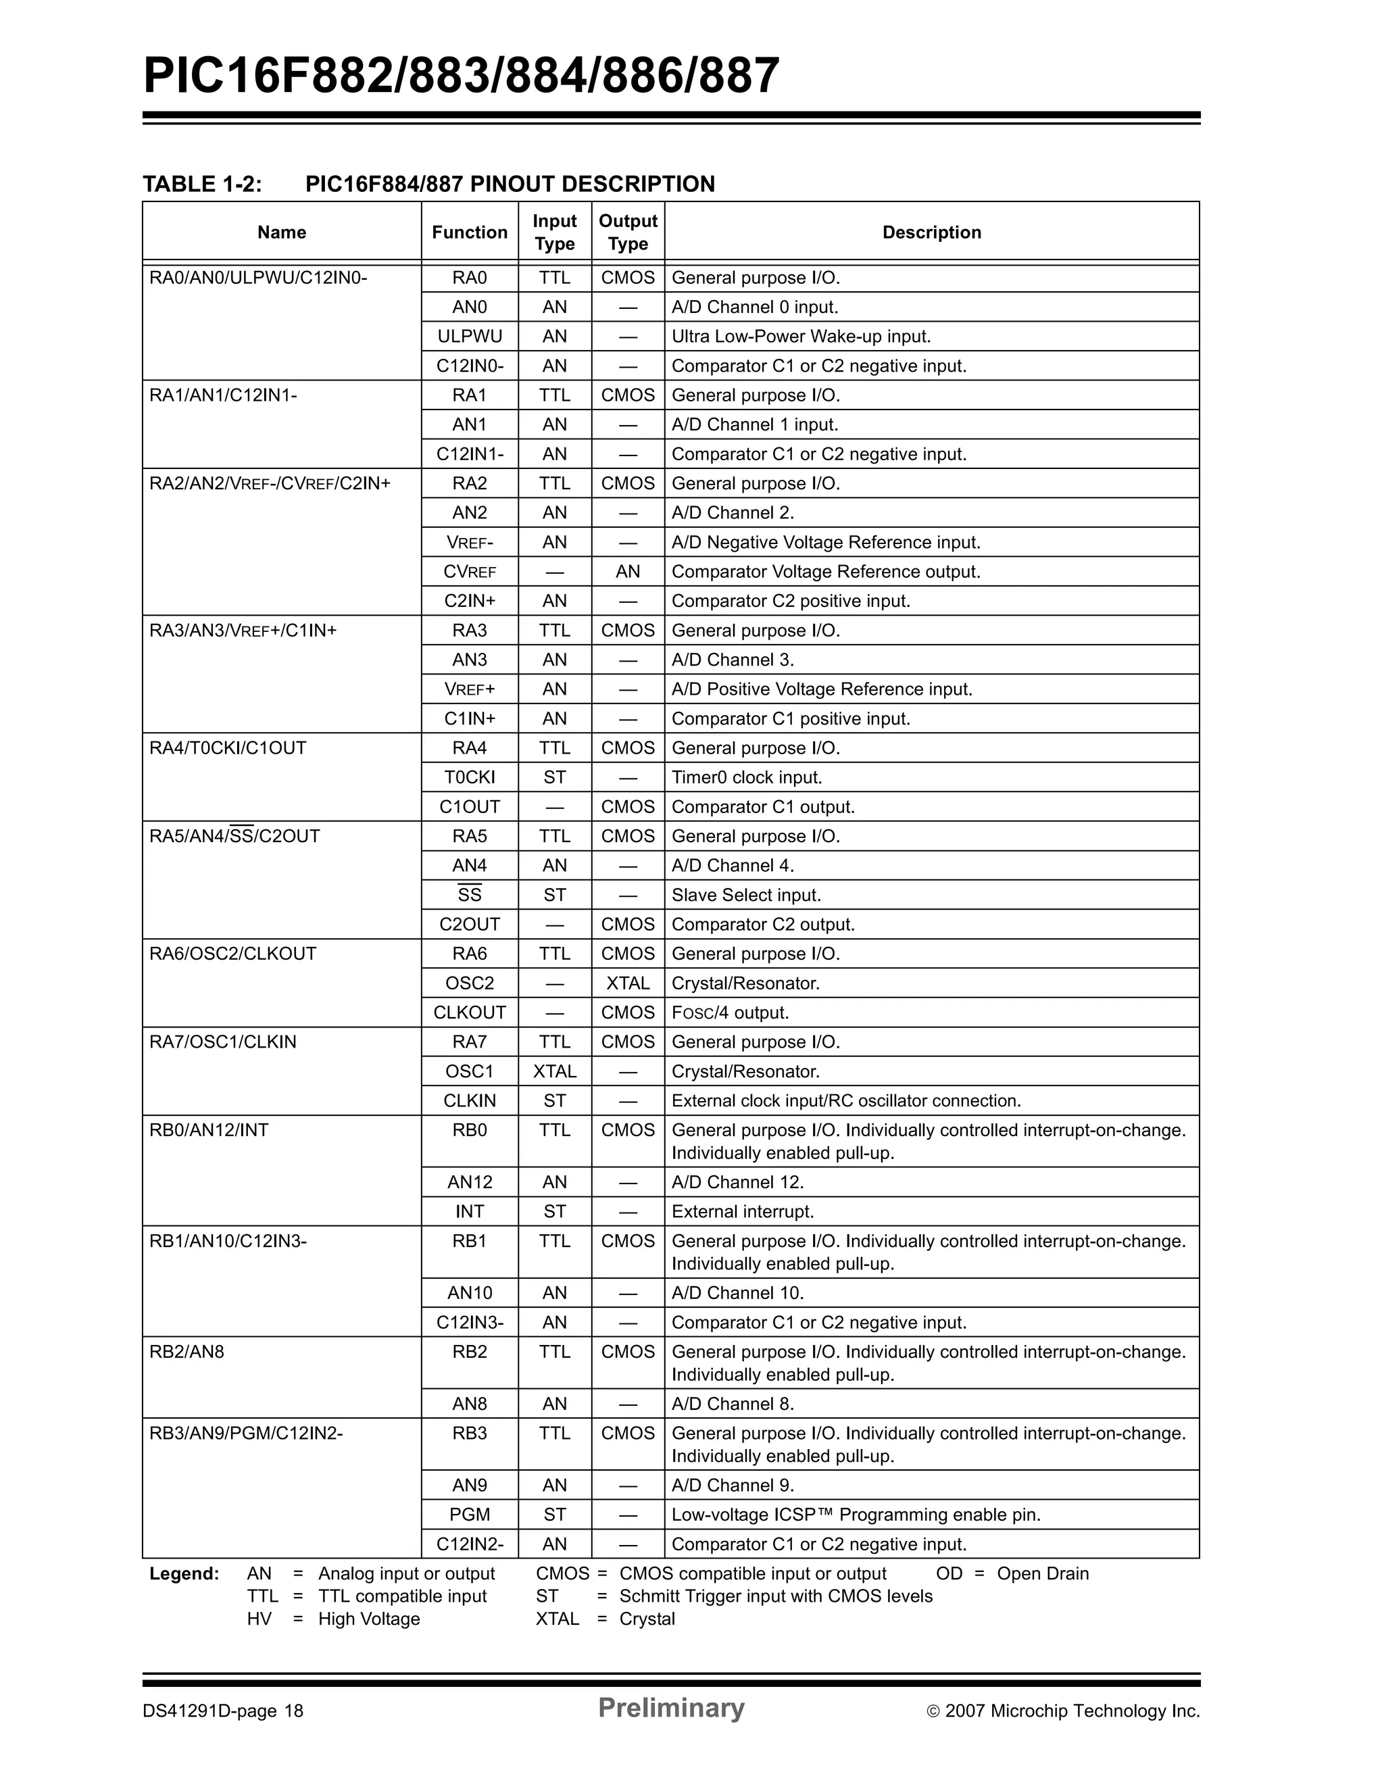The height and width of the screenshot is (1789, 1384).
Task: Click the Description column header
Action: [931, 232]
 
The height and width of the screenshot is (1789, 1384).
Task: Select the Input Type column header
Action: [554, 232]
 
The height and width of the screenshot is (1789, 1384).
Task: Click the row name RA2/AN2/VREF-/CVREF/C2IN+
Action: [270, 483]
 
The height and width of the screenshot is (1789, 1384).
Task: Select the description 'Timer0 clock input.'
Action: [746, 777]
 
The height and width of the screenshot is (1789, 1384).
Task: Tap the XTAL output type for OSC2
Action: [627, 983]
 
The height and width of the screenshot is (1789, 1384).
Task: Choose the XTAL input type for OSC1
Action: [554, 1071]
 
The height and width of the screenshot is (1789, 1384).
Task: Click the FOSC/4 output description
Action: [730, 1012]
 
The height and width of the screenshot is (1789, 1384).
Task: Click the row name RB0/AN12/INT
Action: [209, 1131]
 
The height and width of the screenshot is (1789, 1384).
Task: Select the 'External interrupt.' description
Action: [742, 1212]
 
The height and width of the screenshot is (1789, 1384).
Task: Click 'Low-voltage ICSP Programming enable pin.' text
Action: [856, 1515]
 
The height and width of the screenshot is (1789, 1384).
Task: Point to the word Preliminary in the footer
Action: [670, 1708]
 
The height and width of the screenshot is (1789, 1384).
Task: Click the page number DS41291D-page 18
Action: [223, 1711]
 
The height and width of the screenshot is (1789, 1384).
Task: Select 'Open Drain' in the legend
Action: [1043, 1573]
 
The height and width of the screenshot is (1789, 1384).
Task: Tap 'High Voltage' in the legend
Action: [368, 1619]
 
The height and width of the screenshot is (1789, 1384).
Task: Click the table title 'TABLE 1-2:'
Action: [202, 185]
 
